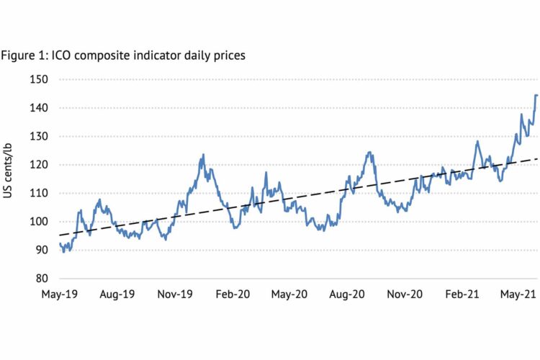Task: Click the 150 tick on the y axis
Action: (x=48, y=79)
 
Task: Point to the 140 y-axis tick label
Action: (x=48, y=108)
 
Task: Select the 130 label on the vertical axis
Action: (x=48, y=136)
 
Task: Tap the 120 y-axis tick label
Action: (x=48, y=165)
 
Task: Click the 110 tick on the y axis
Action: (x=48, y=193)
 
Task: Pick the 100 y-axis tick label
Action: (x=48, y=222)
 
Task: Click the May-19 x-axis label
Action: (x=59, y=294)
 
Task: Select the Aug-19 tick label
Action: (x=117, y=294)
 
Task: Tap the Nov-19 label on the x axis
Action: (x=175, y=294)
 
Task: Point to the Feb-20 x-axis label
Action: (x=233, y=294)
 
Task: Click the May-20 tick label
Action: (x=289, y=294)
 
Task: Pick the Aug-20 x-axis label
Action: (x=347, y=294)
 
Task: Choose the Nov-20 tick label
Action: (x=405, y=294)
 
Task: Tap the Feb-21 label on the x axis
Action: (x=463, y=294)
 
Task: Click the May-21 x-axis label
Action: (x=520, y=294)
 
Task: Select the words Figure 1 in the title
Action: (x=24, y=55)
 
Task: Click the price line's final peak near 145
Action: (x=536, y=95)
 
